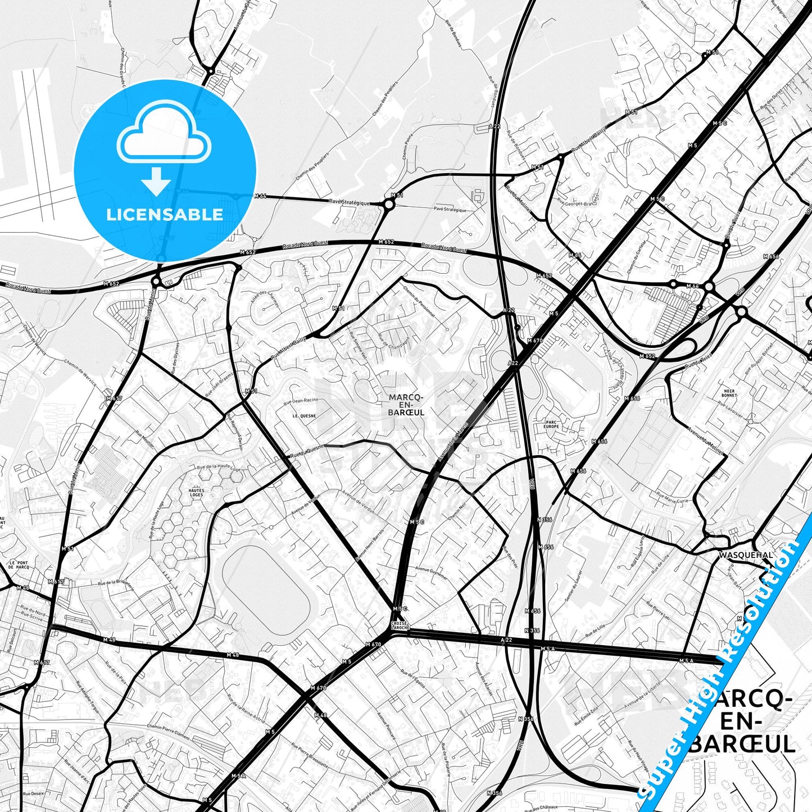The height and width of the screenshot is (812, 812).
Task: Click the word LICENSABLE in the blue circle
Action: [x=165, y=215]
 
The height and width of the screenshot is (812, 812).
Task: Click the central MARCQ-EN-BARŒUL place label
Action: [x=406, y=405]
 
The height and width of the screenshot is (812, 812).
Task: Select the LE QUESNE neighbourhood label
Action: [x=304, y=416]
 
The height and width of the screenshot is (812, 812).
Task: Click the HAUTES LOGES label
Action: [x=197, y=493]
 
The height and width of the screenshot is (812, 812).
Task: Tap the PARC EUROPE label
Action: [x=551, y=424]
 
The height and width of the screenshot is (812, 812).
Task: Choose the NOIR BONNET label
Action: [x=730, y=392]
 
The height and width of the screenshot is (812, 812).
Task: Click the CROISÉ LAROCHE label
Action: [x=400, y=625]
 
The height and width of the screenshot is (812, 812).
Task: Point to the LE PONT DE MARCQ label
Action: [x=19, y=565]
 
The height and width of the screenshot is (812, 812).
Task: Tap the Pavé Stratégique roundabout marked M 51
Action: [x=389, y=205]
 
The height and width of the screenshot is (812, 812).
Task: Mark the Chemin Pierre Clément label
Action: [x=168, y=731]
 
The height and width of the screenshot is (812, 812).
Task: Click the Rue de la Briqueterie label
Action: [x=116, y=584]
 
